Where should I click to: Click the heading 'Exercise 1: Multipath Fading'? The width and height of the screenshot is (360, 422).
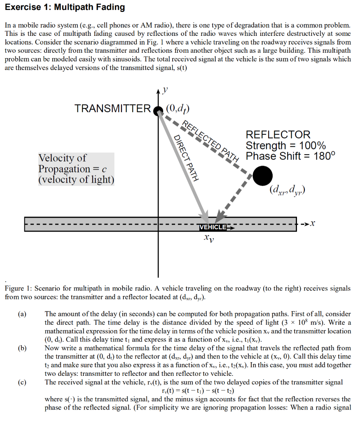tap(65, 7)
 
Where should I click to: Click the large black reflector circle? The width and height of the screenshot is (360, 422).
tap(262, 176)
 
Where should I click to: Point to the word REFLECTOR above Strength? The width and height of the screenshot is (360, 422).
tap(278, 135)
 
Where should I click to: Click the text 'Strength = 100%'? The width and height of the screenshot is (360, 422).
tap(285, 145)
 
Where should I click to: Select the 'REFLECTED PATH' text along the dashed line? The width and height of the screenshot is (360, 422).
tap(210, 141)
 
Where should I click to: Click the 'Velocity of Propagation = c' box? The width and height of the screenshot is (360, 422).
tap(76, 169)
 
